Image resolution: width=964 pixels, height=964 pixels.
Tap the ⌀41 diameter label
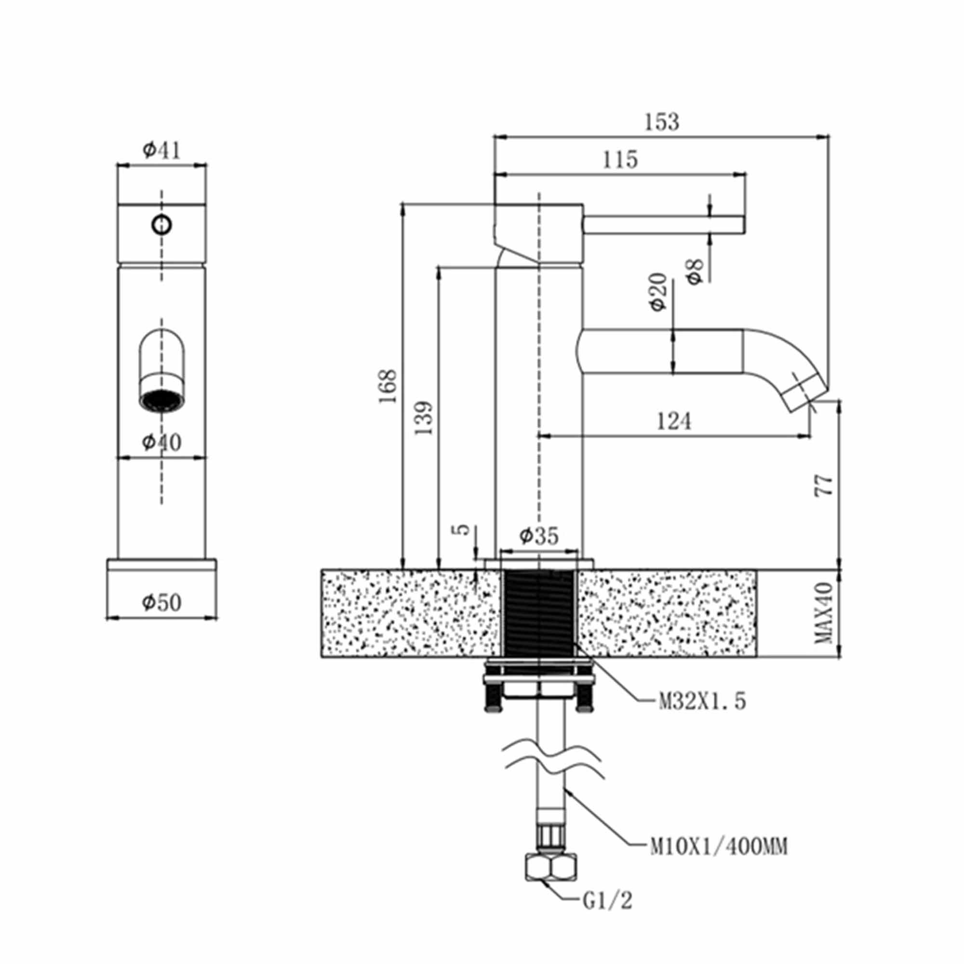pos(161,149)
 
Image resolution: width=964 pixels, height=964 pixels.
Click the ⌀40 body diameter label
pos(161,442)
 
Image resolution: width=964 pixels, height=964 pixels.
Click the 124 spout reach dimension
pos(674,422)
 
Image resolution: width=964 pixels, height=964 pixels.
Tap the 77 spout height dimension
pos(824,485)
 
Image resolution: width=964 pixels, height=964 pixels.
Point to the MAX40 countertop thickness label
pos(824,613)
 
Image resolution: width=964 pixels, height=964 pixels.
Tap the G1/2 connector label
pos(607,901)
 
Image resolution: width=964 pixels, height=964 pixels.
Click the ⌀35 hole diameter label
pos(539,536)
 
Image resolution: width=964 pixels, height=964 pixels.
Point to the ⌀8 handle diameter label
pos(695,271)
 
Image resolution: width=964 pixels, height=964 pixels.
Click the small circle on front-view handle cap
pos(161,225)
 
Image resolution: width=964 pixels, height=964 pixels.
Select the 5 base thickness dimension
pos(464,529)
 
